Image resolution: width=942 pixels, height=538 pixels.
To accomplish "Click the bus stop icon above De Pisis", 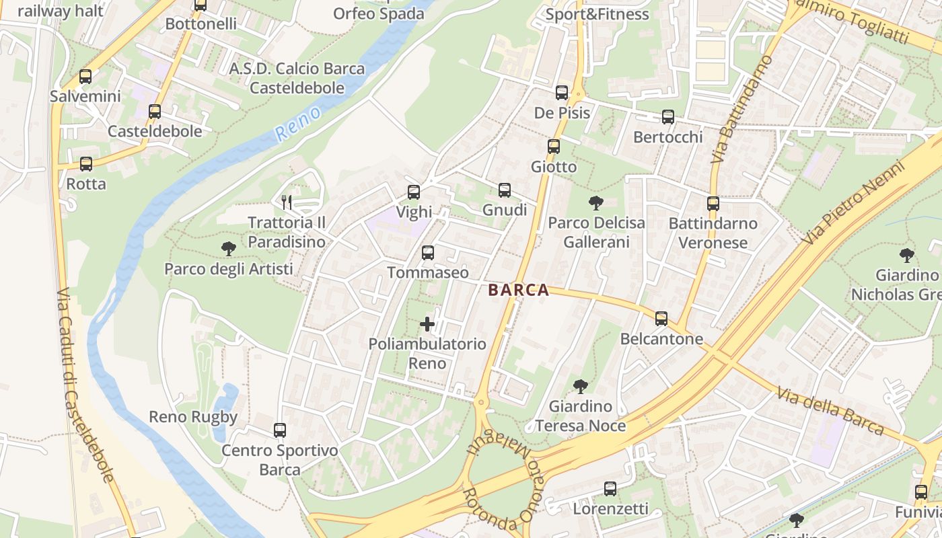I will [x=561, y=93].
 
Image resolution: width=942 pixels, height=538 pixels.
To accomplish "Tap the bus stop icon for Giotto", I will [x=553, y=146].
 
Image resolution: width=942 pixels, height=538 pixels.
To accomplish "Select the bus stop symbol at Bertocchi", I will [x=667, y=117].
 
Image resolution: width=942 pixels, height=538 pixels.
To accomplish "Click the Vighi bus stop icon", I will [x=413, y=192].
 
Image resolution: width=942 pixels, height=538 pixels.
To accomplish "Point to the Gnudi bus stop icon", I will [x=504, y=190].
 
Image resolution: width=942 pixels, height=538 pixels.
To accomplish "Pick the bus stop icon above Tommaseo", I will [x=427, y=253].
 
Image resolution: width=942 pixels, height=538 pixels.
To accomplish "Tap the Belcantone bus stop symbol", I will [x=661, y=318].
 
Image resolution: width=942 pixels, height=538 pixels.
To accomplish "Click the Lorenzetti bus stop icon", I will [x=610, y=489].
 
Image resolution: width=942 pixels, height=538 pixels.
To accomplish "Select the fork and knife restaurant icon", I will [x=287, y=202].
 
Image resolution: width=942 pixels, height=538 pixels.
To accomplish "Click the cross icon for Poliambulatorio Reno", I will [x=427, y=324].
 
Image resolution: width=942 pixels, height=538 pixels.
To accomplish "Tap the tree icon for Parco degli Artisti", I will [x=228, y=249].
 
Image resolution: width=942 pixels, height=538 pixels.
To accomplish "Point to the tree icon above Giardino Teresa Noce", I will [x=580, y=387].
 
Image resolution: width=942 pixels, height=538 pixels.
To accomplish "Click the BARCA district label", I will [x=518, y=291].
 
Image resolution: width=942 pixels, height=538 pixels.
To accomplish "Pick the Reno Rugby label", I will [x=193, y=417].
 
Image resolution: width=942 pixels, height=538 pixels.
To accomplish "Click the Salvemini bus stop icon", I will [x=85, y=77].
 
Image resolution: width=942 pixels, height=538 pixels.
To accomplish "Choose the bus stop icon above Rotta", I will [x=85, y=163].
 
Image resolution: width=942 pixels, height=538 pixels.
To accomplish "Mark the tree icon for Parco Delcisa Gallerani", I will [x=595, y=202].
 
